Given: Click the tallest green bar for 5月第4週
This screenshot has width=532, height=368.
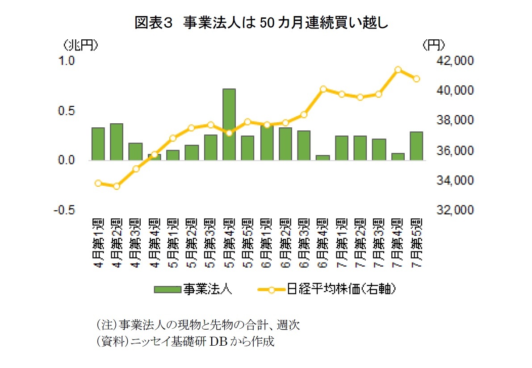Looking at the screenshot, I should (x=229, y=124).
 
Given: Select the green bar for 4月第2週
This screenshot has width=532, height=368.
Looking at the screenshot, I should (x=116, y=142).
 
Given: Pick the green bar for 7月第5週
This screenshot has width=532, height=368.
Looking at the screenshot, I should (x=416, y=146).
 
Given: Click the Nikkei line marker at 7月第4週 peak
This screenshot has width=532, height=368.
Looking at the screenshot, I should (x=398, y=70).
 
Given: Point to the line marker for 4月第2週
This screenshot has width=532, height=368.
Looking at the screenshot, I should (x=116, y=186).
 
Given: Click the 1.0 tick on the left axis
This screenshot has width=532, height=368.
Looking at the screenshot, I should (x=67, y=61).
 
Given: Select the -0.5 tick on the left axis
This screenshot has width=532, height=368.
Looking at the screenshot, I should (x=64, y=210).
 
